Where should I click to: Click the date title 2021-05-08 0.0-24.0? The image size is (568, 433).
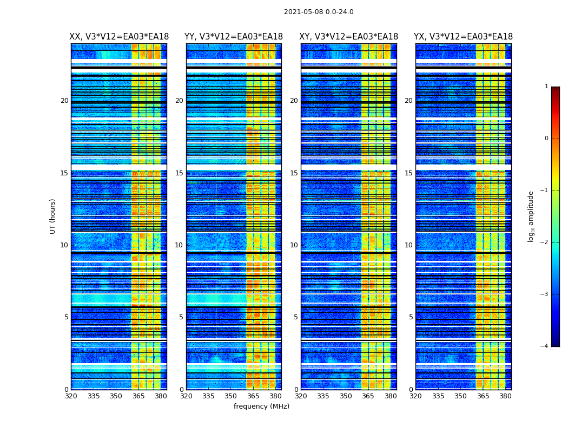319,12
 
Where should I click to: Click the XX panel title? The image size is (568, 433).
119,37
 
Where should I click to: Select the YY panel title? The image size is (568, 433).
234,37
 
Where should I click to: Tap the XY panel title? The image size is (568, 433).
349,37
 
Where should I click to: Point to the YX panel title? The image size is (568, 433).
464,37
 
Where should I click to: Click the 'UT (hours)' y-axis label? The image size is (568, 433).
52,216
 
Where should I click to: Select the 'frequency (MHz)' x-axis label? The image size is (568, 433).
261,406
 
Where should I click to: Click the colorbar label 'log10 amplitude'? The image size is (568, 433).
531,216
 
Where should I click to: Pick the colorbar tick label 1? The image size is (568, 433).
546,87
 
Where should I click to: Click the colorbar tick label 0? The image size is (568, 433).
546,139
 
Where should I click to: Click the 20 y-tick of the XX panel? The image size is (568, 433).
64,101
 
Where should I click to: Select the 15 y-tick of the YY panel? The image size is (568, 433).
179,173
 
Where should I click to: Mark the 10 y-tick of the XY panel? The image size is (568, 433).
294,245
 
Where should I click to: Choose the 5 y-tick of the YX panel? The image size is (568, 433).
411,317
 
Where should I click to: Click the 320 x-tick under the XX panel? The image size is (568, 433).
71,396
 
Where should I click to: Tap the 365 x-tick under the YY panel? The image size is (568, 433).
253,396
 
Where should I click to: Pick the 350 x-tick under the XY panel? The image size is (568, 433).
346,396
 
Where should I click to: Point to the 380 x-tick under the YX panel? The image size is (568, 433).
505,396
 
